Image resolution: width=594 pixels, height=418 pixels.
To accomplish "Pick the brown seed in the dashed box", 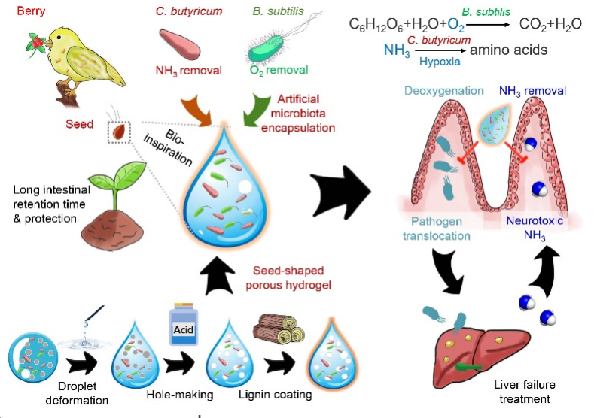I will click(x=119, y=133).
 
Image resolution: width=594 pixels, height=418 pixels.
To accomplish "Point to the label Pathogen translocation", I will click(x=440, y=228).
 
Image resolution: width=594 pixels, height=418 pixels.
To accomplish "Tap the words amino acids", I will click(x=508, y=50).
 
